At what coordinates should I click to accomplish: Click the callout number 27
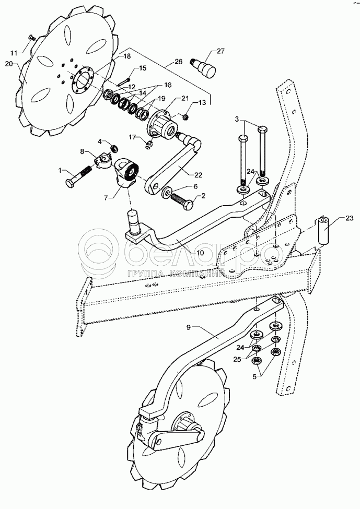[220, 51]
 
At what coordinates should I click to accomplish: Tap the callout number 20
[9, 64]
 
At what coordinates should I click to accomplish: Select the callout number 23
[349, 218]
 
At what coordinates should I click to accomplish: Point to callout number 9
[189, 327]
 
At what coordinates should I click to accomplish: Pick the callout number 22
[198, 175]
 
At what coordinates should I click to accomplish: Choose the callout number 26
[179, 62]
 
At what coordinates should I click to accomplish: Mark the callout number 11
[14, 53]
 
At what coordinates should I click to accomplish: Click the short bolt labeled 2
[182, 201]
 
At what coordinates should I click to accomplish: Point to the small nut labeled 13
[185, 116]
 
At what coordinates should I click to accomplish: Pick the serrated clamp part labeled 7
[127, 171]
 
